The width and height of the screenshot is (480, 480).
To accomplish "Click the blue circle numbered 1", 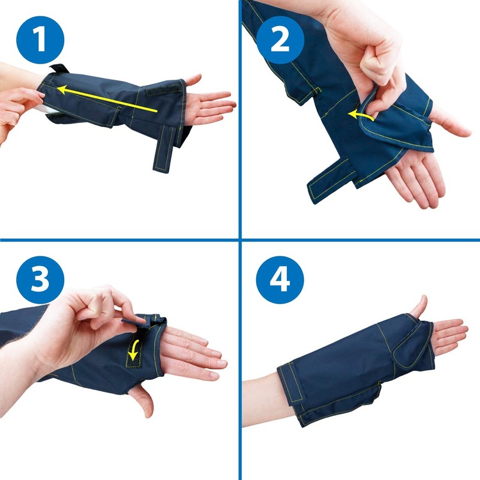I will coord(40,39).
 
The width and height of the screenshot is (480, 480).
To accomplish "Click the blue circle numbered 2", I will coord(280,39).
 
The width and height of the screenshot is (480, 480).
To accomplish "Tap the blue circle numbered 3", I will coord(40,280).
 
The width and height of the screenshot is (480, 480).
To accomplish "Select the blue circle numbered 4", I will coord(280,280).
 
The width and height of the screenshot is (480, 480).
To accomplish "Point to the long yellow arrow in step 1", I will coord(108,99).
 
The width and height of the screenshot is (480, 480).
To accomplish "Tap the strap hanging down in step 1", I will coord(162,151).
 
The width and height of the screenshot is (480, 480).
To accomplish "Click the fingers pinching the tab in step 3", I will coord(114,312).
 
